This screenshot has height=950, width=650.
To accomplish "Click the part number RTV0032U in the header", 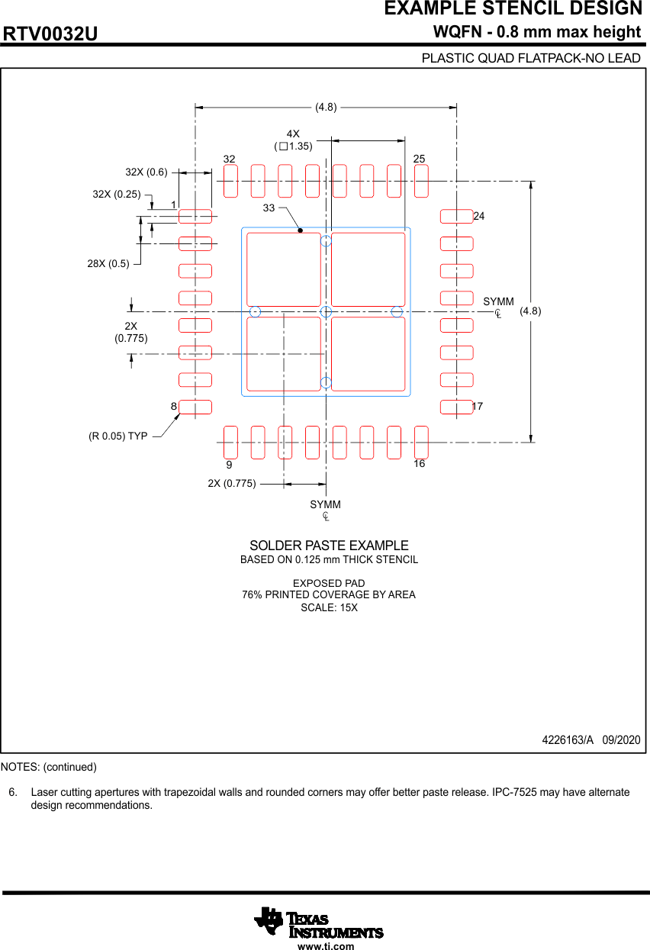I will click(x=50, y=34).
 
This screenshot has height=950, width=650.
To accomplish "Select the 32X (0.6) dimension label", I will click(x=146, y=172).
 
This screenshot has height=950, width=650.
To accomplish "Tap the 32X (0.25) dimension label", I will click(x=117, y=194).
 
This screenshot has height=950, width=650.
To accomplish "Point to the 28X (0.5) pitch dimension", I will click(x=108, y=263).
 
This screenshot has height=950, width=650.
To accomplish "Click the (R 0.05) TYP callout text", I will click(x=117, y=436).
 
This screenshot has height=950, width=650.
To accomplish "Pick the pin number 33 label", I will click(x=269, y=208).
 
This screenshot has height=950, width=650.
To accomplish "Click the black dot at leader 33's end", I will click(x=301, y=230).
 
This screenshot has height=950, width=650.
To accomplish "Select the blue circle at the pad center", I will click(x=326, y=311).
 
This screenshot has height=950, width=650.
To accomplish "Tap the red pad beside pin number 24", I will click(x=456, y=217).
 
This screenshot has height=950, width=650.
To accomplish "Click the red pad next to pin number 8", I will click(x=195, y=407).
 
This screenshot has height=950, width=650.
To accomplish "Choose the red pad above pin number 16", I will click(x=421, y=443).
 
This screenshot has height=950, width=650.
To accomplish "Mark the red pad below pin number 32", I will click(x=230, y=181).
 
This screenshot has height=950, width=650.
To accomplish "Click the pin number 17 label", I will click(x=478, y=407).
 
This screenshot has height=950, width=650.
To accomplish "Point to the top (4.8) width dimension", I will click(x=326, y=107).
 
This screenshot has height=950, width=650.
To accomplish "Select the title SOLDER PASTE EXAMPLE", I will click(x=329, y=546).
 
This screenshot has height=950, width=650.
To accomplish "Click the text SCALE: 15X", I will click(x=329, y=608).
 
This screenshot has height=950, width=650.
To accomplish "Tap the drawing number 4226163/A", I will click(x=567, y=740).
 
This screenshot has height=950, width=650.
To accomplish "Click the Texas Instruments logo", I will click(x=319, y=923).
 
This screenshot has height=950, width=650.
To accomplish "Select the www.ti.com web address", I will click(x=326, y=946).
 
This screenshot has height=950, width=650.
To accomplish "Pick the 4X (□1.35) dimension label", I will click(x=294, y=140).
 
